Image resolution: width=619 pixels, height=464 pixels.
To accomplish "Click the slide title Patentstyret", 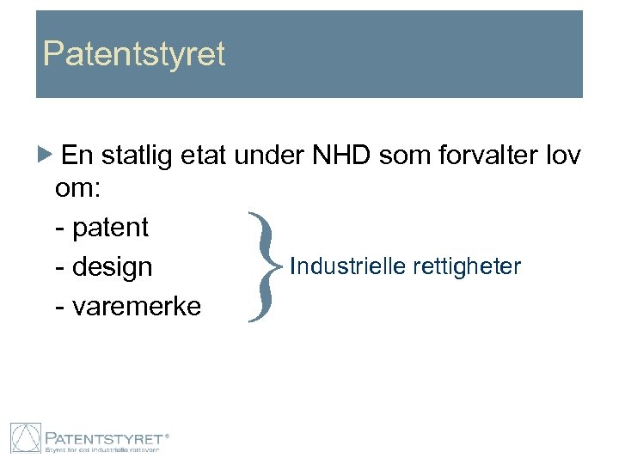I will [134, 54].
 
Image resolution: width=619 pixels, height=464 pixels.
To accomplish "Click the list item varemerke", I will [135, 306].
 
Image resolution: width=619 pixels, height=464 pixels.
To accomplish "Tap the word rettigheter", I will [467, 266].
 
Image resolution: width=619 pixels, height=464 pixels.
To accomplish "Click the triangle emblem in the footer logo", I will [25, 438].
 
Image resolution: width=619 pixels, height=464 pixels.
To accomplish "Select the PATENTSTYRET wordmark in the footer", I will [104, 436].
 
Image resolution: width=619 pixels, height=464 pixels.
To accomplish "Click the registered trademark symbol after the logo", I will [166, 436].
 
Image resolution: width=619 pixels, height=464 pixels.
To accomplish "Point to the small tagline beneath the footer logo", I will [104, 449].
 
